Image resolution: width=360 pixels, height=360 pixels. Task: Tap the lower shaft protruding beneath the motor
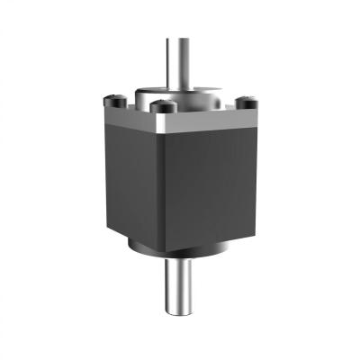click(x=182, y=283)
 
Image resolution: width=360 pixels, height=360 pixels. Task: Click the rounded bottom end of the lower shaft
click(x=182, y=314)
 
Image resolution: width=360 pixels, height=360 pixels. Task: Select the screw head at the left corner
click(x=113, y=98)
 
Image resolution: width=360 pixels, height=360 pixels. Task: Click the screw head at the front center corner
click(x=164, y=107)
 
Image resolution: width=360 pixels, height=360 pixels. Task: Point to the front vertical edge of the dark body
click(x=162, y=189)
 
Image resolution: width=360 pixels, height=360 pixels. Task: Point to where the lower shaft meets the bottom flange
click(x=181, y=256)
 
